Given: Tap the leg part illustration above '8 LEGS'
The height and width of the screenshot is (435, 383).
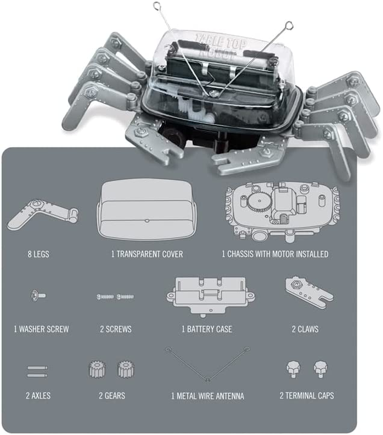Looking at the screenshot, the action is tap(42, 215).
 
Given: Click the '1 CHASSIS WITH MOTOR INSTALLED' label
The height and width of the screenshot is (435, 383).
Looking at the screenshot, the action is tap(275, 254).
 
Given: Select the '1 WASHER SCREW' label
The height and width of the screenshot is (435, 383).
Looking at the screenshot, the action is tap(41, 329).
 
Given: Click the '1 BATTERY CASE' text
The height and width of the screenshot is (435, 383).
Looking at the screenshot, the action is tap(207, 329).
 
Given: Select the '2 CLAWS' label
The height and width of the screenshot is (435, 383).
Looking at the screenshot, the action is tap(305, 329).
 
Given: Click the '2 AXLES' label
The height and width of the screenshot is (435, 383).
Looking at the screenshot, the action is tap(38, 395).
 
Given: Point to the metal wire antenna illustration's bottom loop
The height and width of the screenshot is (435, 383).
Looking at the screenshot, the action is tap(207, 379).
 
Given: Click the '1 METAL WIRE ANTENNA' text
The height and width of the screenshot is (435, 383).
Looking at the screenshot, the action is tap(207, 395).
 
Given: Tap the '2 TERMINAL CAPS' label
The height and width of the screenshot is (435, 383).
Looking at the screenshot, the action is tap(307, 395).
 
